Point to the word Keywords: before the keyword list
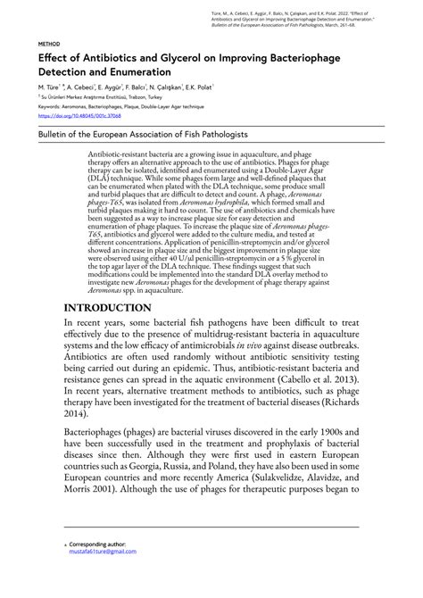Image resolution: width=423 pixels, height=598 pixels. (49, 107)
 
